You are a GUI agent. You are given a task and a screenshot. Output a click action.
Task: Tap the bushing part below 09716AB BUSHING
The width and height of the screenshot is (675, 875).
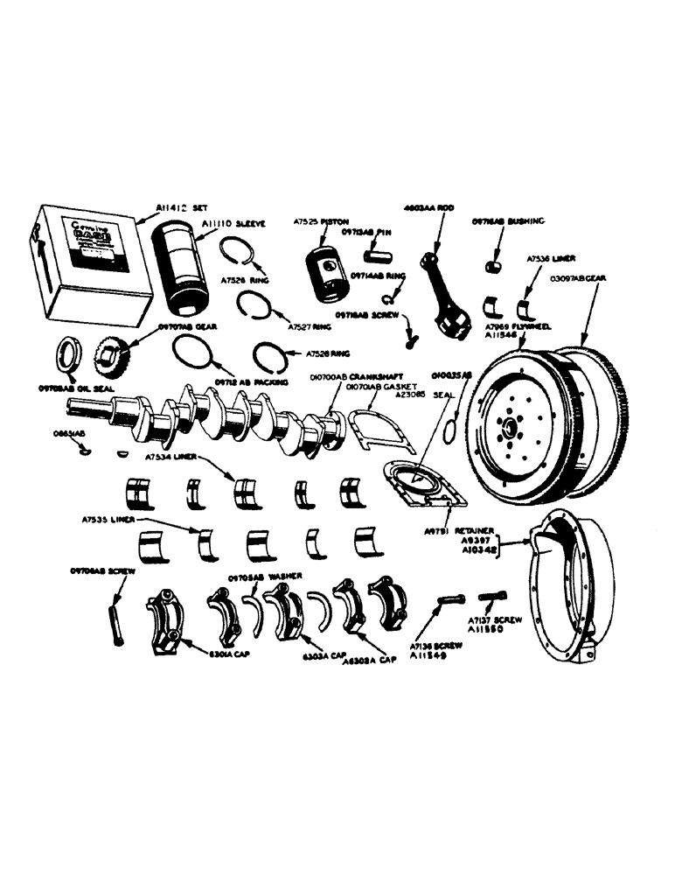492,263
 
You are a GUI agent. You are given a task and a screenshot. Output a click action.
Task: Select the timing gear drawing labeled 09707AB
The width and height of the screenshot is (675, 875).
111,357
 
